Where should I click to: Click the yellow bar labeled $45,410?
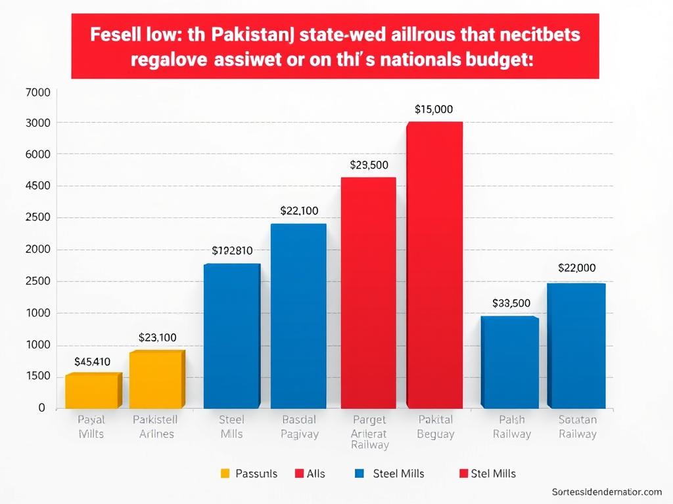93,391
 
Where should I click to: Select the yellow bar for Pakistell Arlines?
156,380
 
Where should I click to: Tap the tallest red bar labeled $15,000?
434,265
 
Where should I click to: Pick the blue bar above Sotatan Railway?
576,346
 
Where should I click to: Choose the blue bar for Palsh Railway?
509,362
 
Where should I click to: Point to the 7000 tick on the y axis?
37,93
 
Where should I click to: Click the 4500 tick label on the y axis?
37,186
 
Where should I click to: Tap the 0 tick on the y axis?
41,408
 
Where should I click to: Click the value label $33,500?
511,303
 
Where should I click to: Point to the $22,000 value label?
576,268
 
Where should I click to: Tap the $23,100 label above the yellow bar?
157,338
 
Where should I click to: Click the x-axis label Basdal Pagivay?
299,427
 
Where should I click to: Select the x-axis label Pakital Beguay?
435,427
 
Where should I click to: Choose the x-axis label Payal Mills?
91,427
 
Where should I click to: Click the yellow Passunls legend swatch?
225,473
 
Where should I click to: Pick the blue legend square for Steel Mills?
359,473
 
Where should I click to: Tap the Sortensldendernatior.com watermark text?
607,492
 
